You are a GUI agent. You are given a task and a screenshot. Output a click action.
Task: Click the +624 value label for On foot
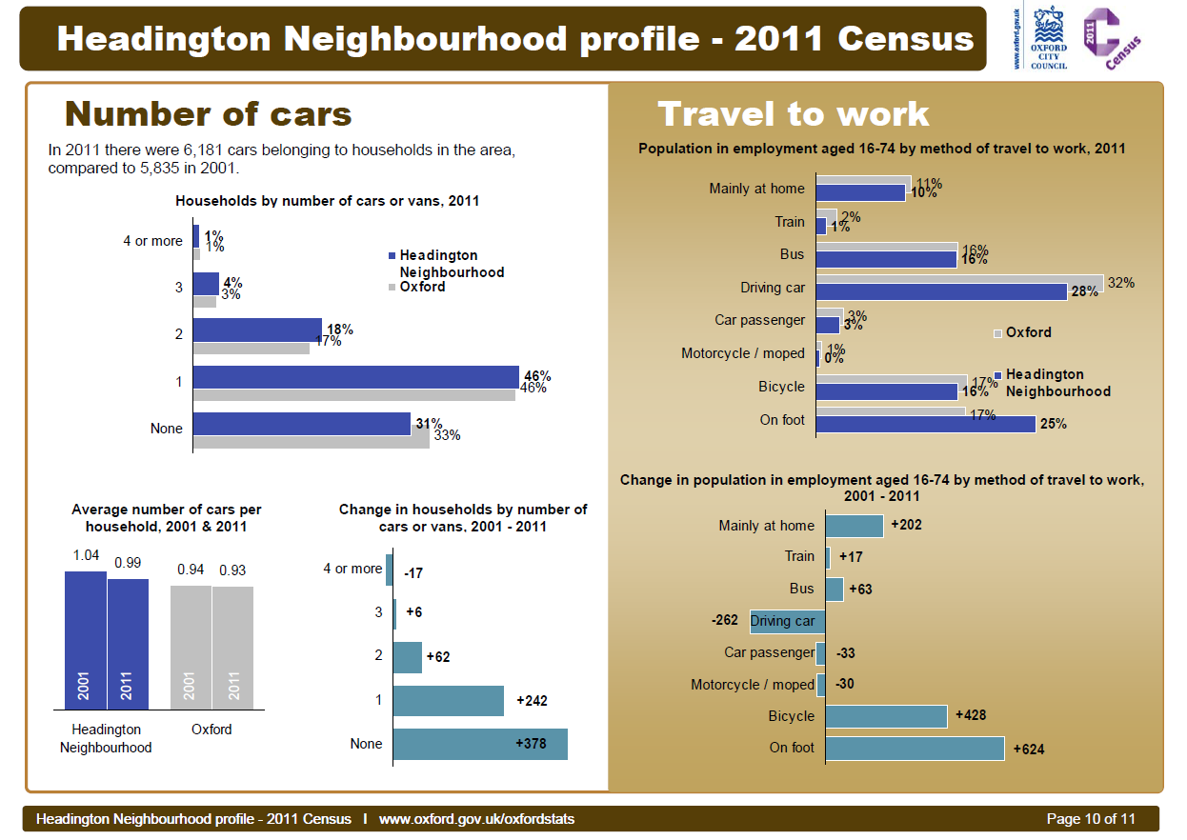tap(1029, 750)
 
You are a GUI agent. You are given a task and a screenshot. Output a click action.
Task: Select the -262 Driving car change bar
tap(787, 621)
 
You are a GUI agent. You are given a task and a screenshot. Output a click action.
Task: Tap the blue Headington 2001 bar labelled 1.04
tap(85, 640)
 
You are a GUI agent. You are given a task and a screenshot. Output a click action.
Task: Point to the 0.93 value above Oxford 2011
tap(233, 570)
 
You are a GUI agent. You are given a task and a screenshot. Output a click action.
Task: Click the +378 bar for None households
tap(480, 744)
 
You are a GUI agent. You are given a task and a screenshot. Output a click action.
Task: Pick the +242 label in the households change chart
tap(532, 701)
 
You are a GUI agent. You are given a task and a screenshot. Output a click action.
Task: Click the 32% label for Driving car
tap(1121, 283)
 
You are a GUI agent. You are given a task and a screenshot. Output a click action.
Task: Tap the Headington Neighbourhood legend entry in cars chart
tap(446, 264)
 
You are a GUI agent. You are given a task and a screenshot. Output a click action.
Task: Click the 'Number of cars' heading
tap(209, 114)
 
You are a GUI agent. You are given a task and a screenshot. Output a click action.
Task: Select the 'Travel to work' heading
tap(794, 114)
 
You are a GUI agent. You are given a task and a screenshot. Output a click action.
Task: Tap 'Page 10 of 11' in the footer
tap(1091, 819)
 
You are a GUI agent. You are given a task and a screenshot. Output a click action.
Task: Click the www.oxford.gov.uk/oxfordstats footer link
tap(476, 819)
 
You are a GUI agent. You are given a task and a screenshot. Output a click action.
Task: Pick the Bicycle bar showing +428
tap(886, 716)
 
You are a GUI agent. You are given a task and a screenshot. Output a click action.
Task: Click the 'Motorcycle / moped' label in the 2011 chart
tap(743, 353)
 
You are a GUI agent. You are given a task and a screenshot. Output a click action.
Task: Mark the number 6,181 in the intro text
tap(201, 150)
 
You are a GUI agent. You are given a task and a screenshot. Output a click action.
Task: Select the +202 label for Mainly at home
tap(906, 525)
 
